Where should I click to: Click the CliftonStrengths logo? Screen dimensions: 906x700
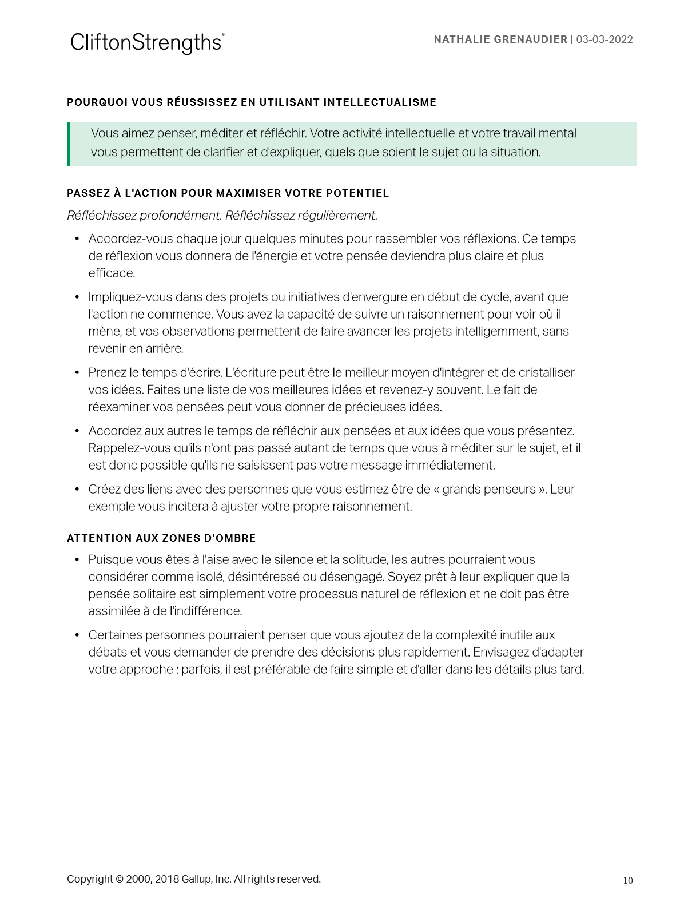click(x=147, y=43)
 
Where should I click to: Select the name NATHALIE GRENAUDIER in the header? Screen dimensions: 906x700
click(x=500, y=39)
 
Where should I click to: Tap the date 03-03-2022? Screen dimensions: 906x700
click(x=604, y=39)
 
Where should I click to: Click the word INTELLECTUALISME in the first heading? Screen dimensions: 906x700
click(x=380, y=102)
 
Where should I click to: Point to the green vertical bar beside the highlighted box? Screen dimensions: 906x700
click(x=69, y=144)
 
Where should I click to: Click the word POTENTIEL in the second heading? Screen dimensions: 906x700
click(x=357, y=193)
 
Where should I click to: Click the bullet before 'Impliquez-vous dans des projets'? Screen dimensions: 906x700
click(x=77, y=297)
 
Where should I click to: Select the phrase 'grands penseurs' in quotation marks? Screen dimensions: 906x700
click(x=489, y=489)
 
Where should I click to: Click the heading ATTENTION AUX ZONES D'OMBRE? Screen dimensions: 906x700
click(x=161, y=538)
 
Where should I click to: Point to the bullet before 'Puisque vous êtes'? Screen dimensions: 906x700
click(x=77, y=559)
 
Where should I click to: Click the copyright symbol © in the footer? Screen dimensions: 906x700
click(x=120, y=879)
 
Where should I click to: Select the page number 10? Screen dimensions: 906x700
click(x=628, y=880)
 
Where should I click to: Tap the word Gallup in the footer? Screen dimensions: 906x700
click(x=196, y=879)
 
